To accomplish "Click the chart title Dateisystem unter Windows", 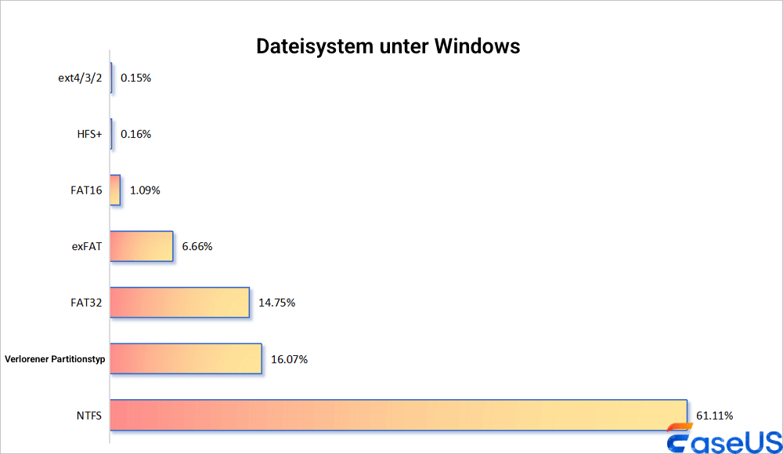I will (388, 46).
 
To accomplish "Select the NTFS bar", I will (398, 415).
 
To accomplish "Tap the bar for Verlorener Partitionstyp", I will (186, 358).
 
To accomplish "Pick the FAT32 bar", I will (179, 303).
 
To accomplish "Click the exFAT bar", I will (141, 246).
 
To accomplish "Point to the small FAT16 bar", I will (115, 190).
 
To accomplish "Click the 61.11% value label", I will (714, 415).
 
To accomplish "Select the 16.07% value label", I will (289, 359).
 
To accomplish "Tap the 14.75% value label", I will (276, 303).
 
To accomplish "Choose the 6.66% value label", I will (197, 246).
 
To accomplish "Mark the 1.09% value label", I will (145, 190).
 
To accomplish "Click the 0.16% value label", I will (135, 134).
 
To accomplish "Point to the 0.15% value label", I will (135, 78).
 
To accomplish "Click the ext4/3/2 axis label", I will (80, 78).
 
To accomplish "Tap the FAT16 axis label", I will (86, 190).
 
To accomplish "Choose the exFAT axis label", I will (86, 246).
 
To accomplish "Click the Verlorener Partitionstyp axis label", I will (55, 359).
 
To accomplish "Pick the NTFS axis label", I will (88, 415).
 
